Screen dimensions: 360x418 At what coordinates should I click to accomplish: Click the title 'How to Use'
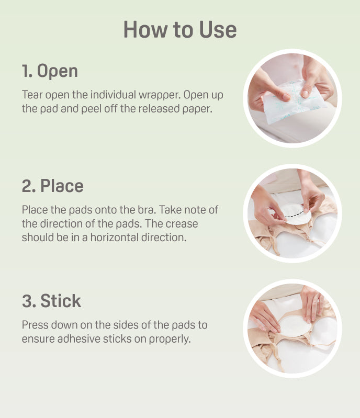coord(180,29)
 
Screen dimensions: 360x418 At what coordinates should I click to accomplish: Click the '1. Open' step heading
coord(50,71)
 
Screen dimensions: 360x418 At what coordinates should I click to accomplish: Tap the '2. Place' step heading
coord(52,186)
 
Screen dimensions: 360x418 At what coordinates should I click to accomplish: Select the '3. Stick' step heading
coord(51,301)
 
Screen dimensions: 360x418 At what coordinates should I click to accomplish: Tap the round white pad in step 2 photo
coord(296,214)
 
